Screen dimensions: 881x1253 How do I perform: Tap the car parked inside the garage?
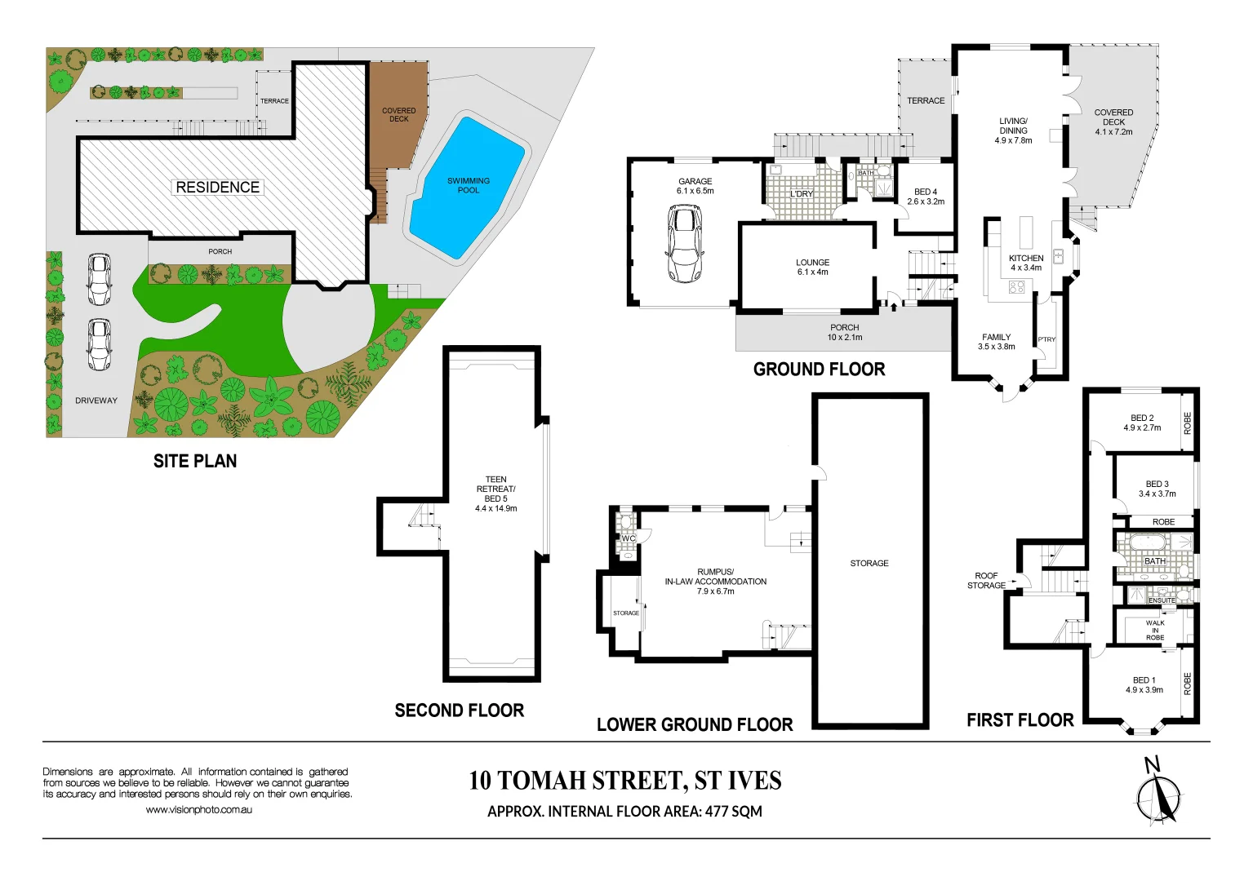tap(685, 243)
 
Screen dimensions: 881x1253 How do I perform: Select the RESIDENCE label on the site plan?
tap(218, 188)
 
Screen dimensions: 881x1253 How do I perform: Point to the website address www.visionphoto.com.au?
tap(198, 810)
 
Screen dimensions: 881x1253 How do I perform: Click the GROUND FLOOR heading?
tap(819, 370)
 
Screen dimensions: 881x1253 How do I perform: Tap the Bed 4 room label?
tap(926, 197)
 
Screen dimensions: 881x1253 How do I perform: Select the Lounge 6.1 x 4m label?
tap(812, 268)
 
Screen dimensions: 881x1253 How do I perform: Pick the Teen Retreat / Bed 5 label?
tap(495, 494)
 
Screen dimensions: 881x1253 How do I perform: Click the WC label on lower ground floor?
tap(628, 538)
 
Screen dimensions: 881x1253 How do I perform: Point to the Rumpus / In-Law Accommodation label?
tap(715, 582)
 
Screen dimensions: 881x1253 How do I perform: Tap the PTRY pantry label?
tap(1046, 339)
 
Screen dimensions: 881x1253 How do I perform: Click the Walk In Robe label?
tap(1155, 630)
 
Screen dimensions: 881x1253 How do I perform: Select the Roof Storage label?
tap(986, 581)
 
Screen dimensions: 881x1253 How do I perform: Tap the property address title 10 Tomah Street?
tap(624, 781)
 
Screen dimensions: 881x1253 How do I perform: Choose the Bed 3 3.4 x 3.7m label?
tap(1157, 489)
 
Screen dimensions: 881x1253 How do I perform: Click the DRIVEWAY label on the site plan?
tap(96, 401)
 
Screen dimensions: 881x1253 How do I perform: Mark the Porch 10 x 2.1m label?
tap(844, 332)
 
